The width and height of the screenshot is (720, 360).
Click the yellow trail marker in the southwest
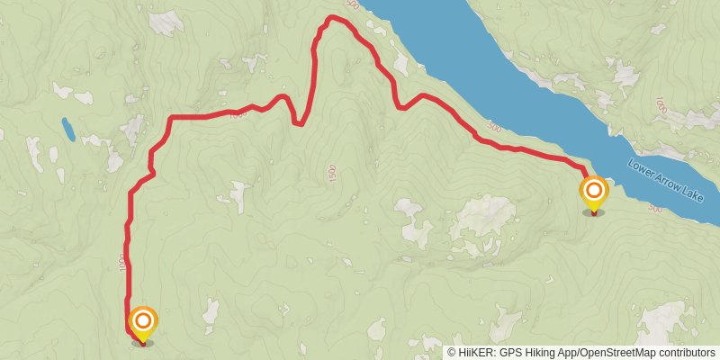point(143,323)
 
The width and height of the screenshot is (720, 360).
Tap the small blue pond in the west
point(67,130)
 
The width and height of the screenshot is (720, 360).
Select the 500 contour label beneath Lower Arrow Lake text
point(654,209)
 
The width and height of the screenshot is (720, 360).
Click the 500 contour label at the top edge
point(351,5)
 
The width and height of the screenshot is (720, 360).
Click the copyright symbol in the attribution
point(452,352)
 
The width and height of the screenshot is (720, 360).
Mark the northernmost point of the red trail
point(333,17)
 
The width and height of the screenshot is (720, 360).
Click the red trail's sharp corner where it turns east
point(170,118)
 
